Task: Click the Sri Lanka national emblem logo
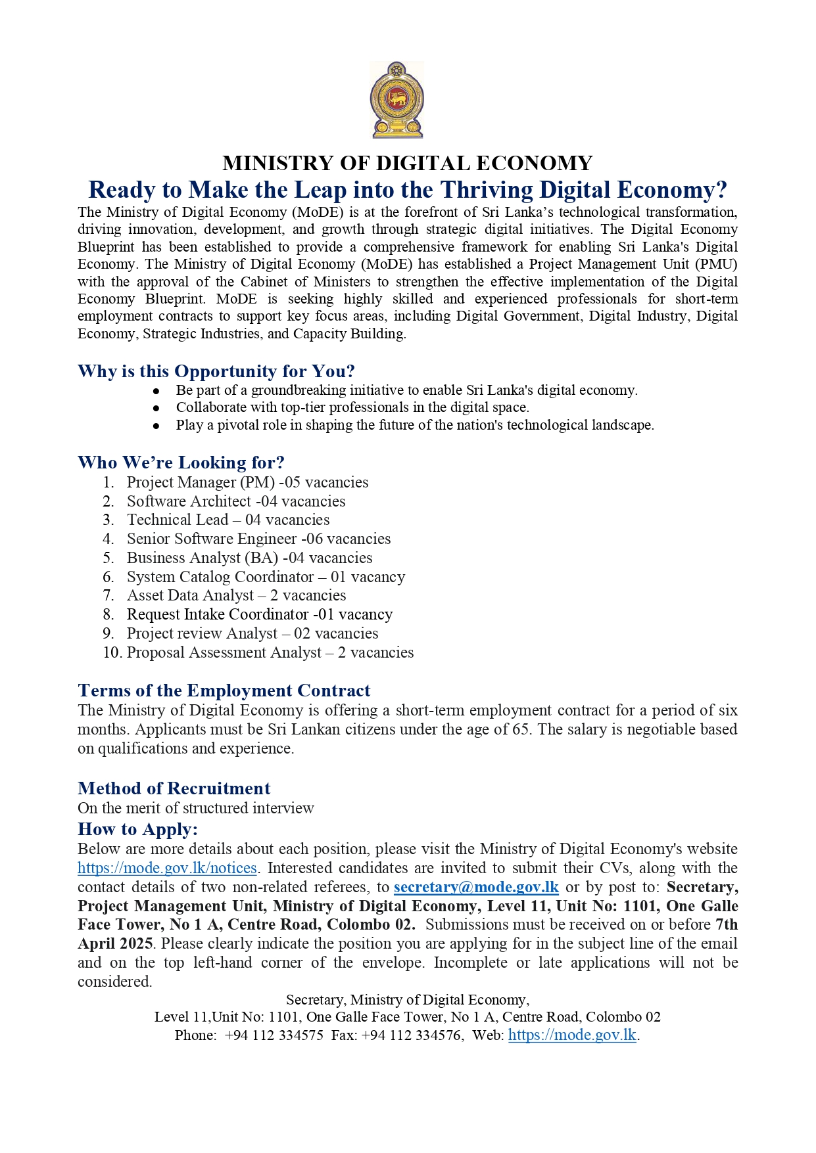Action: pyautogui.click(x=397, y=100)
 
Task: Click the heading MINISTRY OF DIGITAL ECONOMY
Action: pyautogui.click(x=408, y=163)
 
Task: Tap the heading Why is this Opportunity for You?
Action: pyautogui.click(x=216, y=371)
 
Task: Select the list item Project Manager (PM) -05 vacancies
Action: pyautogui.click(x=247, y=482)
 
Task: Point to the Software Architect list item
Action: pyautogui.click(x=235, y=501)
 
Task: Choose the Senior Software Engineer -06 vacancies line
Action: pyautogui.click(x=258, y=539)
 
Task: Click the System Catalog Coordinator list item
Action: pyautogui.click(x=266, y=577)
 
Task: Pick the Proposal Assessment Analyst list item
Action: pyautogui.click(x=270, y=652)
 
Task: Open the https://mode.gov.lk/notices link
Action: pyautogui.click(x=167, y=868)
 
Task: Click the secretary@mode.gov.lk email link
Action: pyautogui.click(x=476, y=887)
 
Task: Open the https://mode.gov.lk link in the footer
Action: pyautogui.click(x=572, y=1035)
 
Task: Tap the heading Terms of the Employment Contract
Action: pyautogui.click(x=224, y=690)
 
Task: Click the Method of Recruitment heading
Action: pyautogui.click(x=174, y=788)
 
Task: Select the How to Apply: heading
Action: pyautogui.click(x=137, y=829)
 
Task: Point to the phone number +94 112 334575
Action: pyautogui.click(x=274, y=1035)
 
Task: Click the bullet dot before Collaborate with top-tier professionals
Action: pyautogui.click(x=156, y=408)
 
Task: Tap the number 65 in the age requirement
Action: pyautogui.click(x=520, y=729)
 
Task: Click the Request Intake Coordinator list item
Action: pyautogui.click(x=259, y=614)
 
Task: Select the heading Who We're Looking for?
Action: pyautogui.click(x=181, y=463)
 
